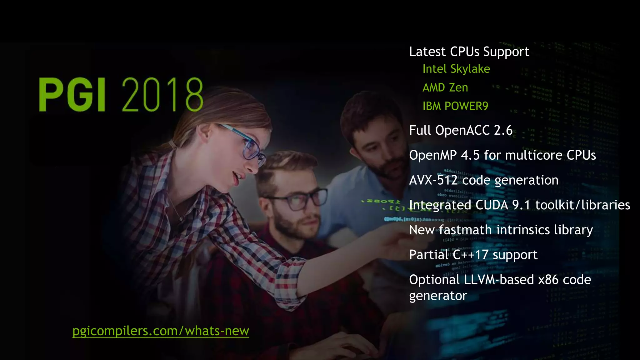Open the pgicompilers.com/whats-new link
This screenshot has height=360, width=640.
161,331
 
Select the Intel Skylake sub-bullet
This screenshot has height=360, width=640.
456,69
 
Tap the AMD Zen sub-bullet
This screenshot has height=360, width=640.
445,88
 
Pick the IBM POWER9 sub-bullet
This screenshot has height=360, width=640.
455,106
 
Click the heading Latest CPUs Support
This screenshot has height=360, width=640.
469,52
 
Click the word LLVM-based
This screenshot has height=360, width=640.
499,280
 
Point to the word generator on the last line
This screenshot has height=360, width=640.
438,296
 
